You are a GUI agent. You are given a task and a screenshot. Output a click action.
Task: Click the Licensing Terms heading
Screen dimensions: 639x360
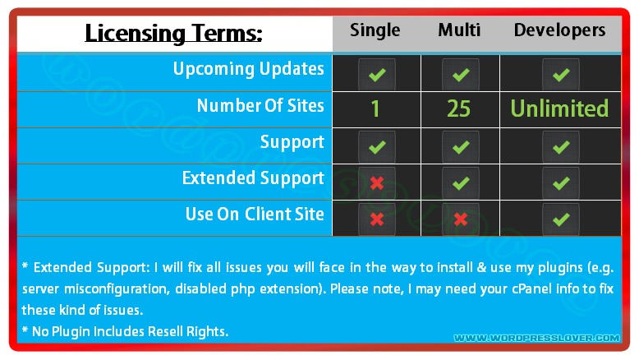point(173,34)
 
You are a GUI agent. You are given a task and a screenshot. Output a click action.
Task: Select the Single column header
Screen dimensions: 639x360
point(375,30)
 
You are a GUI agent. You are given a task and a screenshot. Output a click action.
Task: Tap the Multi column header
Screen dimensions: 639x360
point(459,30)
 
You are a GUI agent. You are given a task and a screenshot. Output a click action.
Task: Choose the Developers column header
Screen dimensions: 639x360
point(559,30)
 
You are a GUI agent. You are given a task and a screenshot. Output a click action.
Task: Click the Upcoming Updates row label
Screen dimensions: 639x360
point(249,69)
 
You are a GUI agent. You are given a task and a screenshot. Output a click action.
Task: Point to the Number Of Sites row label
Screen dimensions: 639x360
point(260,105)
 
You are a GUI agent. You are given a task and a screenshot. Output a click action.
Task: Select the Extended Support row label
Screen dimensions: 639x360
point(253,178)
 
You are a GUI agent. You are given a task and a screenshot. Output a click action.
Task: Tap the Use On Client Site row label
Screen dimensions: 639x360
point(255,214)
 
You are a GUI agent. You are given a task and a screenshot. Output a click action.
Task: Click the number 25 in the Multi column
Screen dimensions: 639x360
point(459,108)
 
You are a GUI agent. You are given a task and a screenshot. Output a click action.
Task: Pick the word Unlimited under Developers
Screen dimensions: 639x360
point(559,108)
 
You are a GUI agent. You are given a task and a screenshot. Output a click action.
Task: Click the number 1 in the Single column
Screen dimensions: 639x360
point(375,108)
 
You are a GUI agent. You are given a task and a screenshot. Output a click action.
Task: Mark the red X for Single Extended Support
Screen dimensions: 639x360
point(377,183)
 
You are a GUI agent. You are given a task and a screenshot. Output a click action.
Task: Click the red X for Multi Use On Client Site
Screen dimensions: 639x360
point(461,219)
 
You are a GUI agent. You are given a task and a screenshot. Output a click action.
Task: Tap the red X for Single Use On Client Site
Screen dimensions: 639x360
point(377,219)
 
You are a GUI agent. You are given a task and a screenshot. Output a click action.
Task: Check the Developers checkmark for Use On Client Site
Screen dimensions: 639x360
point(561,219)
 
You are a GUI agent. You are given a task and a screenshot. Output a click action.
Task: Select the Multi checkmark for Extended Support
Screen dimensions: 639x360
point(461,183)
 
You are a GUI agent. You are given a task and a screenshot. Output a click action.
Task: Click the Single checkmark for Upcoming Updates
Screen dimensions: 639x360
point(377,75)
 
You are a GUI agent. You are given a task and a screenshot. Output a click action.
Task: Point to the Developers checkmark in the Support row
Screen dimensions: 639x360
point(561,147)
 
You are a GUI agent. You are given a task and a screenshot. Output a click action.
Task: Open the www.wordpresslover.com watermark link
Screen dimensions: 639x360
point(536,338)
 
